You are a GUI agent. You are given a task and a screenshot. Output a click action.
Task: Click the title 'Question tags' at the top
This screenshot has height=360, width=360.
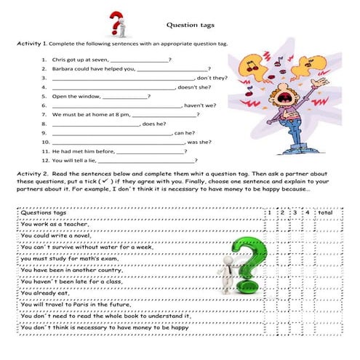coord(188,24)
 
